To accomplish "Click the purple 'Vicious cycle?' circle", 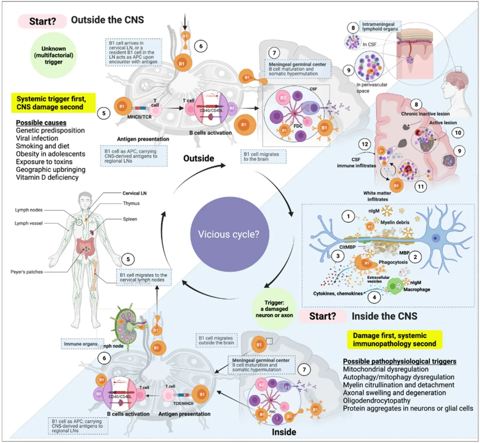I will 229,234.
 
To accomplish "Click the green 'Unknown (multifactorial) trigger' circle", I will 53,55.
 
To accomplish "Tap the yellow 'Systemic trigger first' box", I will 53,103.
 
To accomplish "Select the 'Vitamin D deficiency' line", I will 47,177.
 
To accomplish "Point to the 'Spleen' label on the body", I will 130,219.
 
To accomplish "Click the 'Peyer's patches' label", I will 26,272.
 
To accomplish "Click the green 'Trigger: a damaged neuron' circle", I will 274,309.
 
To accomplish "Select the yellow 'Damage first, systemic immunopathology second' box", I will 394,340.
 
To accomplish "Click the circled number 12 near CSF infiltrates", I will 365,144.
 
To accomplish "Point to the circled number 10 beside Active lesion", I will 458,133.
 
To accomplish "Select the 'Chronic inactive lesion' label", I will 425,114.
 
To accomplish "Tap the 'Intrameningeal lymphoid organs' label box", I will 380,26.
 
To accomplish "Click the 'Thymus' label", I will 131,203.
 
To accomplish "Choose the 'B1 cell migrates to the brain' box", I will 263,156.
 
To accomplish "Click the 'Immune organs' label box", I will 80,344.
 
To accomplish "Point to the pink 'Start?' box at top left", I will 42,21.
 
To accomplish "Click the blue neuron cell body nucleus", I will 435,238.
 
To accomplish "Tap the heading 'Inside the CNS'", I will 384,316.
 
